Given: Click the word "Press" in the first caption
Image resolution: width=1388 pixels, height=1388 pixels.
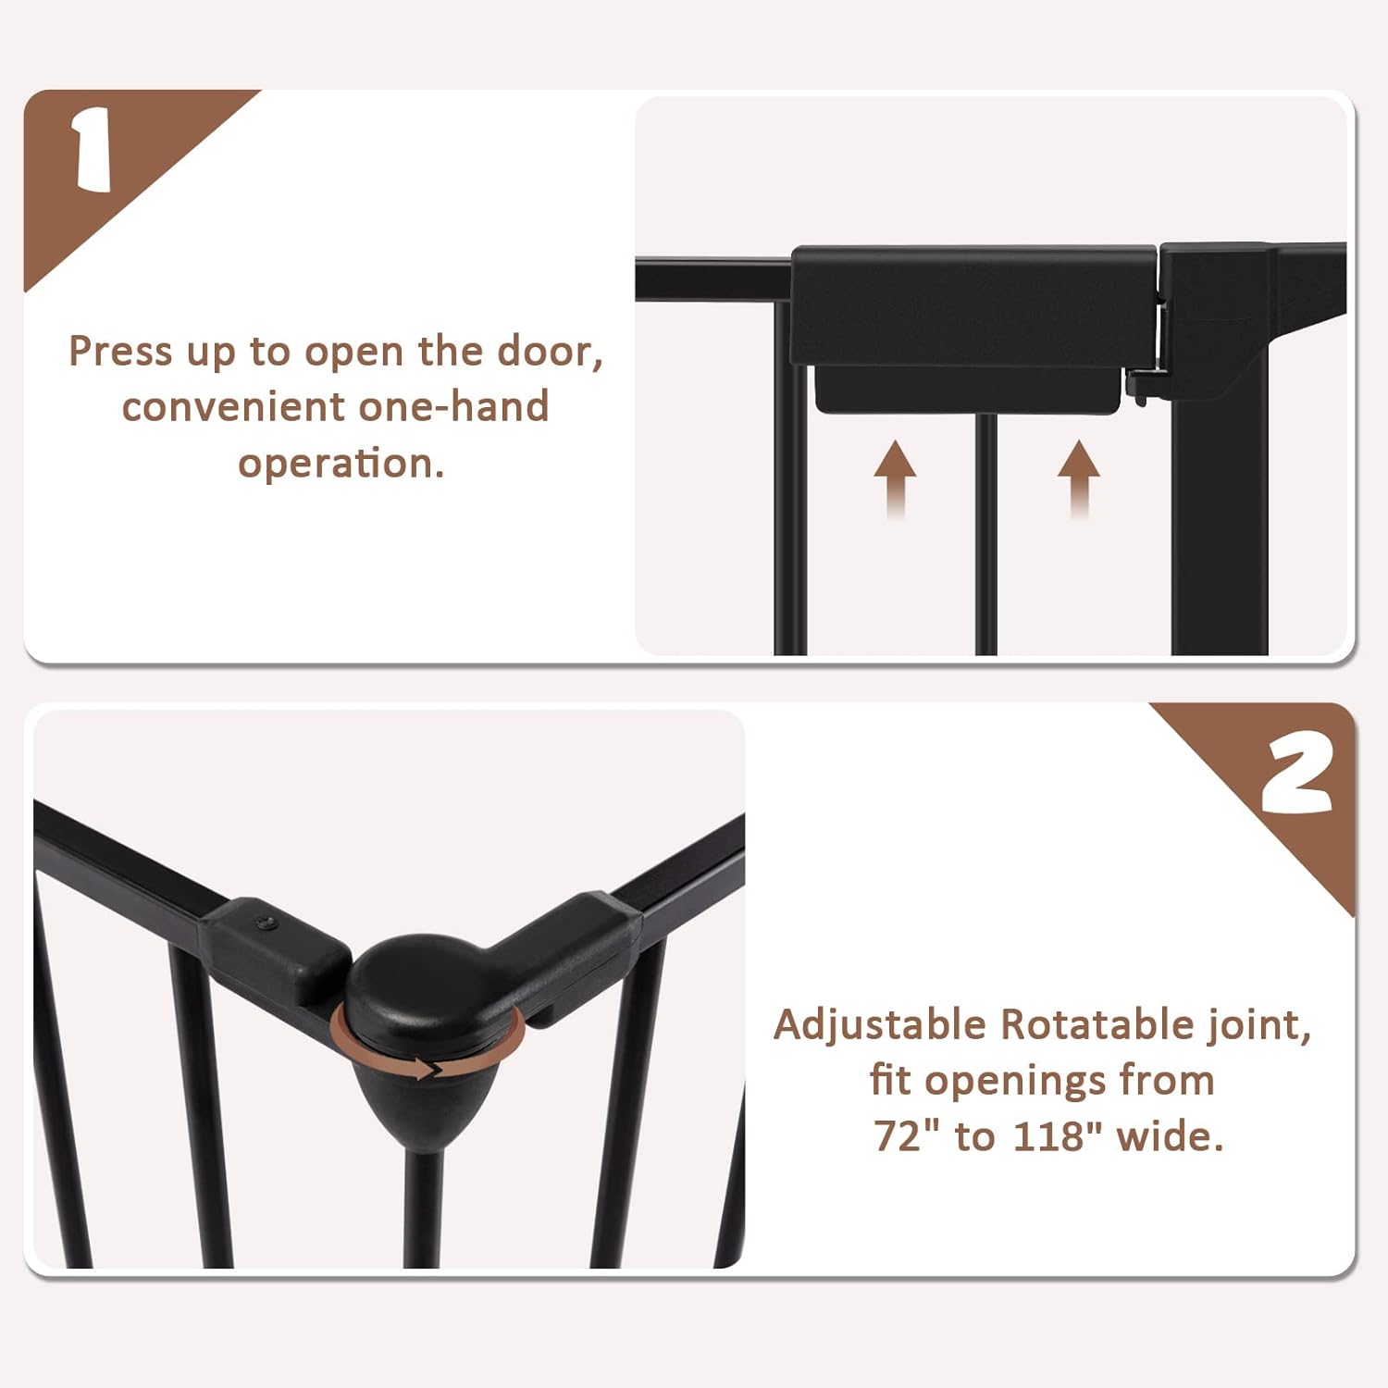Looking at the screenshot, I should (120, 353).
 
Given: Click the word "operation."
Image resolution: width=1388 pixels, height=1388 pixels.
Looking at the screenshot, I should (341, 464).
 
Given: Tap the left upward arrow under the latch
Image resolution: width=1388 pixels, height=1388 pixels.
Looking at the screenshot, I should (895, 477).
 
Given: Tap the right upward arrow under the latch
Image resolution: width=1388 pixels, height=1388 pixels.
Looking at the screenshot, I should (1078, 477).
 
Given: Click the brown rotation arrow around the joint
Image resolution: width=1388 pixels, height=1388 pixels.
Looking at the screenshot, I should (428, 1070).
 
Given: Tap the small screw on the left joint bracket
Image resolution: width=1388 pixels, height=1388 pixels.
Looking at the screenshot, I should (266, 923).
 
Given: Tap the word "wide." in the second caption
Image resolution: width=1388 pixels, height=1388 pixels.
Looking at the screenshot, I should (1170, 1136).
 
